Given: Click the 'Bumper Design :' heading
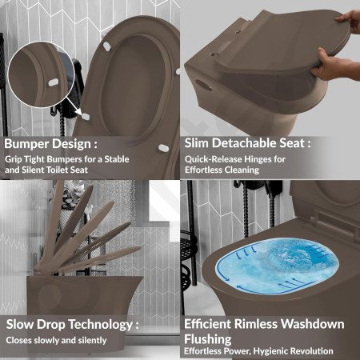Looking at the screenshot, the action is coord(50,144).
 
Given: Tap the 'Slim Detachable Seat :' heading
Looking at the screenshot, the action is coord(247,143).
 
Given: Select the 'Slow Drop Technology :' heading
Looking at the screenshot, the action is coord(72,325).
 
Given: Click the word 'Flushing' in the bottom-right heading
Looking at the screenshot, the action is coord(208,339).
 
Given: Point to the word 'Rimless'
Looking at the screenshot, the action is coord(256,324).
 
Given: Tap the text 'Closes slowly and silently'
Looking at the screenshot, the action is coord(56,340).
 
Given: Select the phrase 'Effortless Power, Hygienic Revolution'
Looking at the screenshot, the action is coord(258,351).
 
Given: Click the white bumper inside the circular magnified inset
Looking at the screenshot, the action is coord(54,82).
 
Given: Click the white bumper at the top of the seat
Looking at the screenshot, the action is coord(107,46).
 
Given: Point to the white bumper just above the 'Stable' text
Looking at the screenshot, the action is coord(163,148).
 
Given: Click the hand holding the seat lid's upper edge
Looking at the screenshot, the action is coord(349,22).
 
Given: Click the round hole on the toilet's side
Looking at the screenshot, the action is coord(205,85).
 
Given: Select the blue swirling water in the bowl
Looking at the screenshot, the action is coord(278,266).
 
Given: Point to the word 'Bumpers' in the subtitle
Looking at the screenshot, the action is coord(65,159).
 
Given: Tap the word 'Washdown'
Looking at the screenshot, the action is coord(313,324).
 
